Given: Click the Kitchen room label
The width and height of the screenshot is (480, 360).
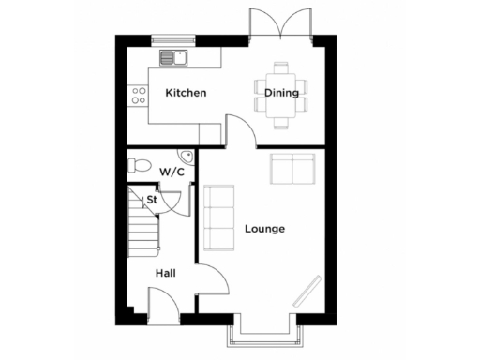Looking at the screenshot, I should tap(186, 94).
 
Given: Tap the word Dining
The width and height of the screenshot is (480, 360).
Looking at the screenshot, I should tap(281, 93).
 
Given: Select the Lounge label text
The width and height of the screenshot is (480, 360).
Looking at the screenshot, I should tap(264, 229).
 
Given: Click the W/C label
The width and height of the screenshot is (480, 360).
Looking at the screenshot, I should tap(171, 172).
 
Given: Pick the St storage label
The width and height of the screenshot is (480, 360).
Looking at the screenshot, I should tap(150, 200).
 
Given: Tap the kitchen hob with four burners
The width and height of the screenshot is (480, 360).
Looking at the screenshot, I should tap(140, 94).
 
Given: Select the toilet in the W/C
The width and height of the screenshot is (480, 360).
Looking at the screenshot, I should tap(139, 165).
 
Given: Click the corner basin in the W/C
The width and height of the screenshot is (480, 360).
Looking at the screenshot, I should tap(186, 157).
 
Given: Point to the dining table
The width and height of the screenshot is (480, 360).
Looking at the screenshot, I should tap(281, 94).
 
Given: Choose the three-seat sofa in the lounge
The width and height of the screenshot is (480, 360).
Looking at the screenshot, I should tap(218, 218).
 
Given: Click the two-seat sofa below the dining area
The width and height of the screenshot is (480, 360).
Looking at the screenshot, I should tap(292, 170).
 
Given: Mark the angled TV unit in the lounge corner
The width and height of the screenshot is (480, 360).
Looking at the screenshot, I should tap(306, 291).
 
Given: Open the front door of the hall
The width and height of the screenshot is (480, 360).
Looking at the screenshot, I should tap(160, 304).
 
